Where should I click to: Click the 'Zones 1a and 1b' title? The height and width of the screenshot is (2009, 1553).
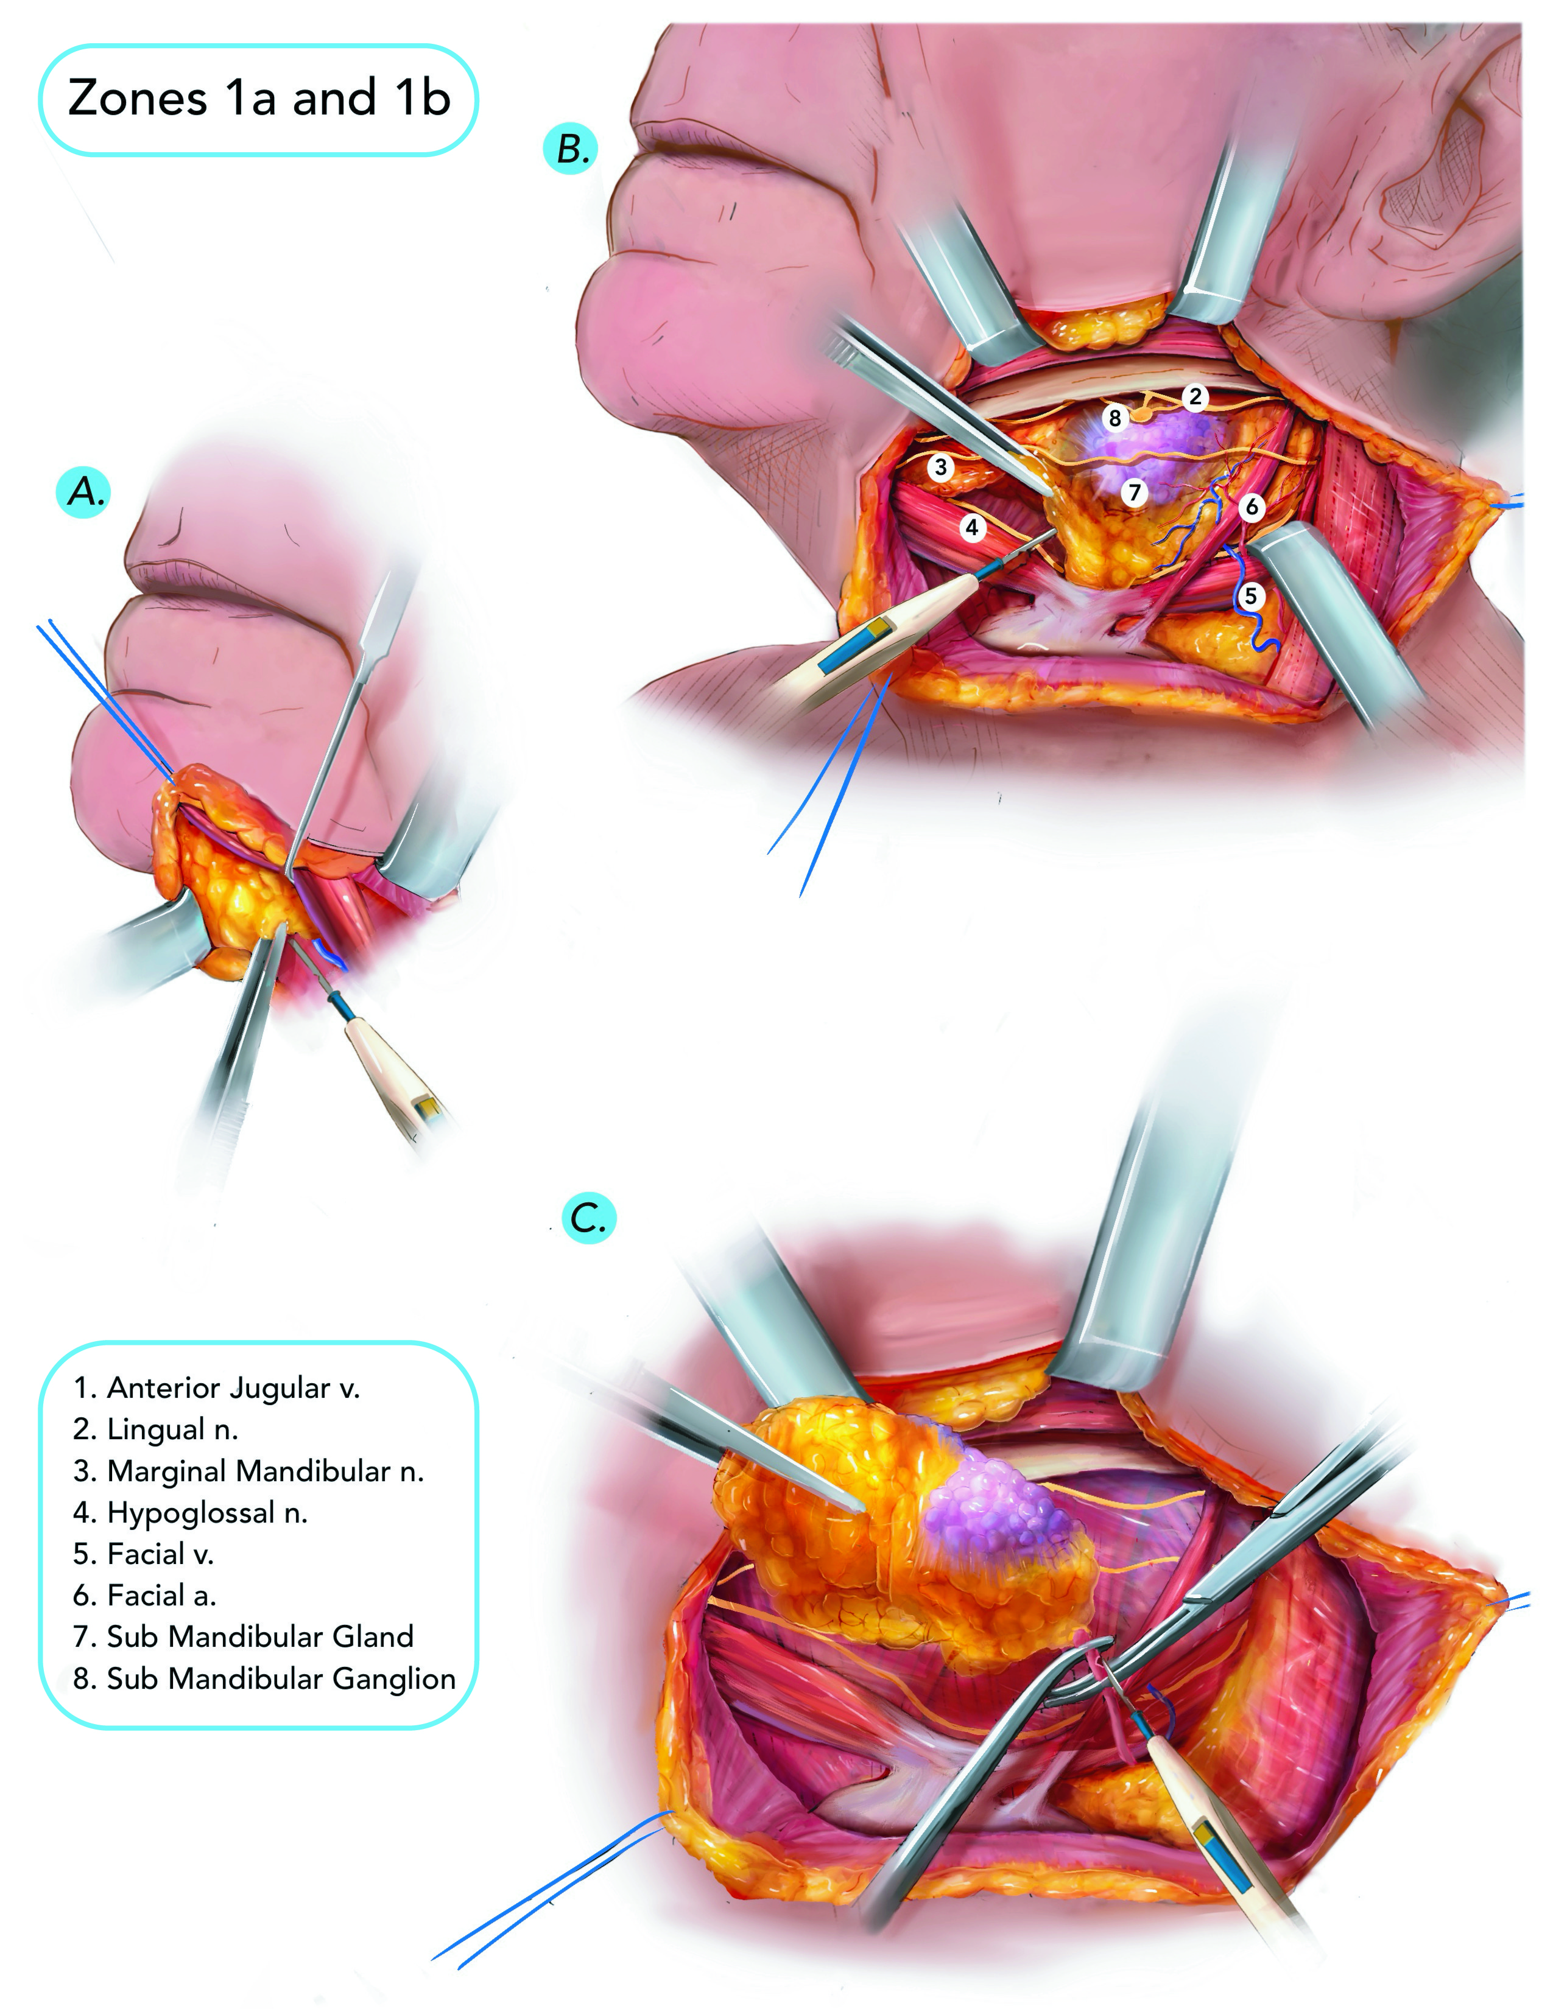258,99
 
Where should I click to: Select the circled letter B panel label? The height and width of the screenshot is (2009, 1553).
571,149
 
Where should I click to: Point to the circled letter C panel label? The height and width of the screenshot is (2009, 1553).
588,1218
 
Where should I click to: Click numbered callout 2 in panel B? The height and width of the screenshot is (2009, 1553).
1194,396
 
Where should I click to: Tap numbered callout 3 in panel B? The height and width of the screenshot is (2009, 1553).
940,466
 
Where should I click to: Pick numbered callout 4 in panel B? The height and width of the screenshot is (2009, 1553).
971,527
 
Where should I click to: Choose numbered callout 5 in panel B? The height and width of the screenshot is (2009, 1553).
1249,596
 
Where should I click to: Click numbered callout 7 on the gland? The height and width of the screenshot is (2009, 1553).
1135,492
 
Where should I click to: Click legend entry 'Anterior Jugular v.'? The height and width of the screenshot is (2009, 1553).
217,1387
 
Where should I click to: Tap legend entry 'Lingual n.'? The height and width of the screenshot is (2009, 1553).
155,1429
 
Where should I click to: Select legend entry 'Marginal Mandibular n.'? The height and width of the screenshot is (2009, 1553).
248,1471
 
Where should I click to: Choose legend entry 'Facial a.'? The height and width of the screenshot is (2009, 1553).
144,1595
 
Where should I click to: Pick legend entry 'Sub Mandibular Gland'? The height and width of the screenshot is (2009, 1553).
244,1636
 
